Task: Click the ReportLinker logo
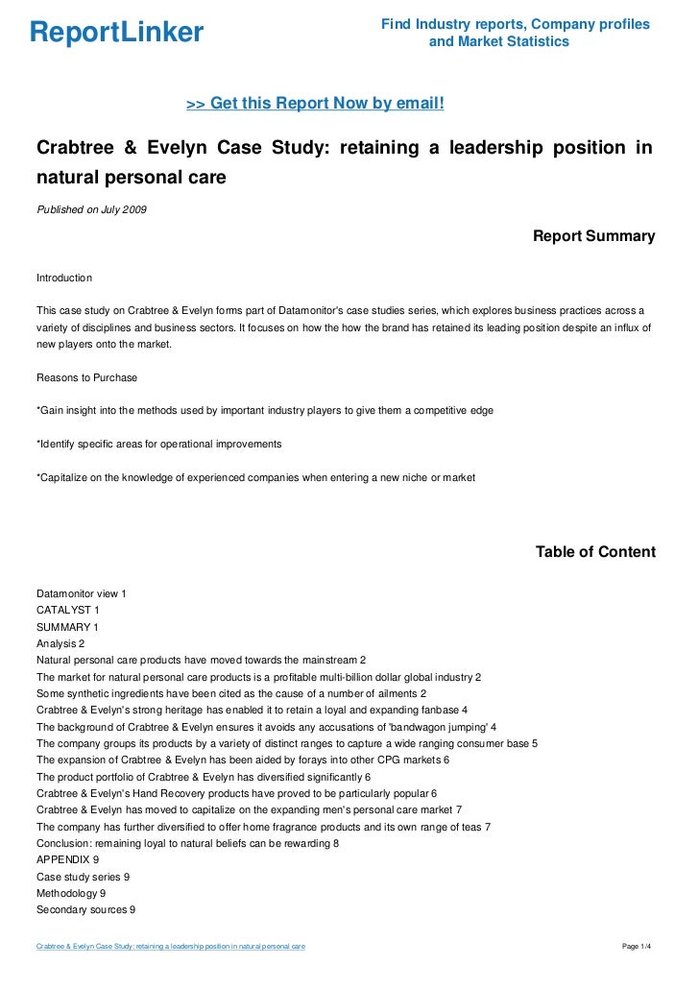click(116, 33)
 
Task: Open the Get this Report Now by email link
click(314, 103)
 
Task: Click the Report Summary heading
click(593, 236)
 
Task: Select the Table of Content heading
click(595, 552)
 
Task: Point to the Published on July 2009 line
click(91, 209)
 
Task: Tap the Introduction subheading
click(63, 277)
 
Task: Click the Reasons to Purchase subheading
click(86, 377)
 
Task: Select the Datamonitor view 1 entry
click(81, 593)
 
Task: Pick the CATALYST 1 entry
click(67, 610)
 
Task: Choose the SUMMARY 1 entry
click(67, 627)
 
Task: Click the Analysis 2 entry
click(60, 643)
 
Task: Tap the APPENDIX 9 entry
click(67, 860)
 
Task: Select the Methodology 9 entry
click(71, 894)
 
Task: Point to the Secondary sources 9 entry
click(85, 910)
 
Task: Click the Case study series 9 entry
click(83, 877)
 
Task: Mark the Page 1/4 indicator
click(638, 947)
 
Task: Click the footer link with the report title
click(171, 947)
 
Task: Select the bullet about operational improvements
click(158, 445)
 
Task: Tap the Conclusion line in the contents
click(187, 843)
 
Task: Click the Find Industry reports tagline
click(515, 33)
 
